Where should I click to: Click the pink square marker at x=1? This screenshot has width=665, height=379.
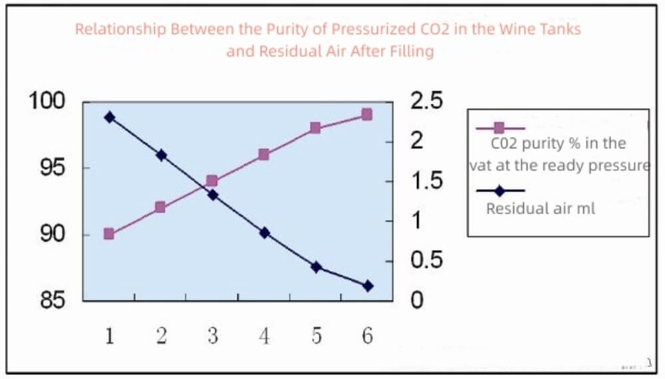pyautogui.click(x=109, y=234)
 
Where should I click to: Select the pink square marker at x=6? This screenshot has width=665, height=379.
pyautogui.click(x=366, y=114)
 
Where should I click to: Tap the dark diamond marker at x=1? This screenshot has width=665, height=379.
pyautogui.click(x=109, y=117)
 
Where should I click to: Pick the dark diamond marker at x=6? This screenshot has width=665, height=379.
pyautogui.click(x=368, y=286)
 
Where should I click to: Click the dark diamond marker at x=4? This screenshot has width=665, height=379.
pyautogui.click(x=264, y=233)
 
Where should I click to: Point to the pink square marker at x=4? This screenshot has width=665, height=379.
pyautogui.click(x=264, y=154)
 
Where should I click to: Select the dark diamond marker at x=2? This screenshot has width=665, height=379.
pyautogui.click(x=161, y=155)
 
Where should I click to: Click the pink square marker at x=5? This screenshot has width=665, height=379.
pyautogui.click(x=315, y=128)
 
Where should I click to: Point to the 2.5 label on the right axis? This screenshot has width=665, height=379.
pyautogui.click(x=426, y=102)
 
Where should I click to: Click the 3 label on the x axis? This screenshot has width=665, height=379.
pyautogui.click(x=212, y=336)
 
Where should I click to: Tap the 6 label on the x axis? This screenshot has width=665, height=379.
pyautogui.click(x=367, y=336)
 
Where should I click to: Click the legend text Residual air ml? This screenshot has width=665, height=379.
pyautogui.click(x=541, y=209)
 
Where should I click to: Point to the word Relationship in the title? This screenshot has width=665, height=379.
pyautogui.click(x=120, y=29)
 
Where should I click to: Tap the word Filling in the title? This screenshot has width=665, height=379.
pyautogui.click(x=410, y=51)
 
